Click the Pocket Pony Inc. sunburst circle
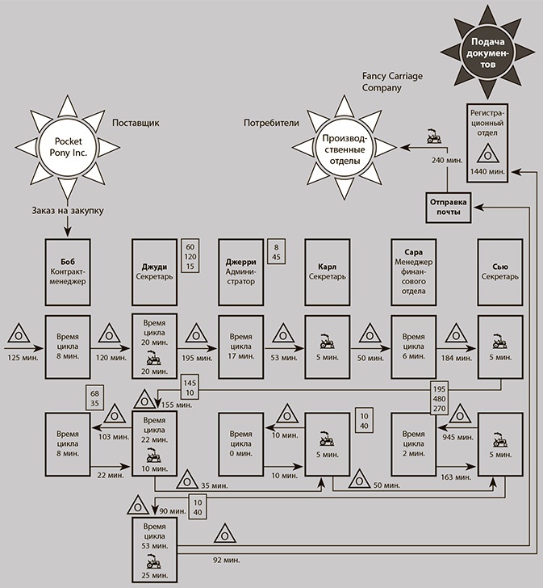tap(69, 146)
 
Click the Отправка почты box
tap(449, 208)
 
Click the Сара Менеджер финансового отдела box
tap(413, 270)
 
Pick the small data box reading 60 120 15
tap(191, 256)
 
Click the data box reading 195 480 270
tap(441, 398)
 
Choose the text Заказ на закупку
tap(68, 212)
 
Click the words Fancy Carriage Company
tap(393, 82)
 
